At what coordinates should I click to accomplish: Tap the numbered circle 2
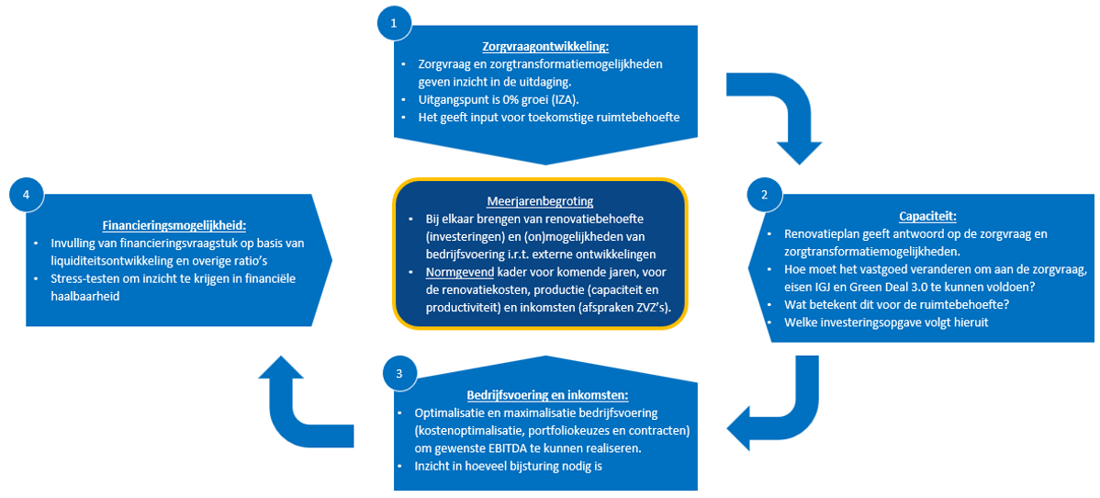pos(764,194)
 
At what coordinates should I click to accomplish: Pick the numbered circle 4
pos(27,194)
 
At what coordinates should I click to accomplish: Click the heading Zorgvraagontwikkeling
pos(545,47)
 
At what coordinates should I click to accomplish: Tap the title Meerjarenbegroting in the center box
pos(540,201)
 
